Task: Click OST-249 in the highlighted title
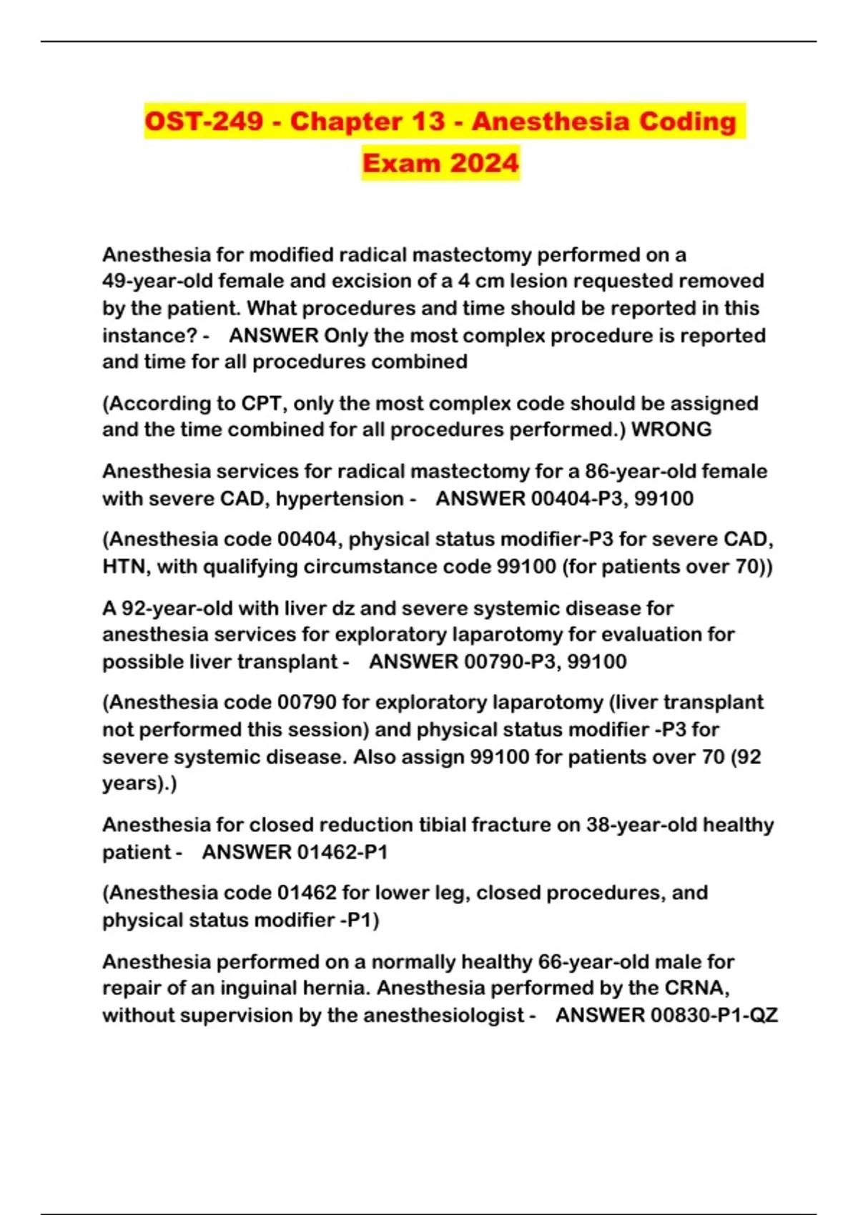204,121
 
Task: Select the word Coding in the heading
687,121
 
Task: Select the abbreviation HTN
127,566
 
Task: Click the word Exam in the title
400,163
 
